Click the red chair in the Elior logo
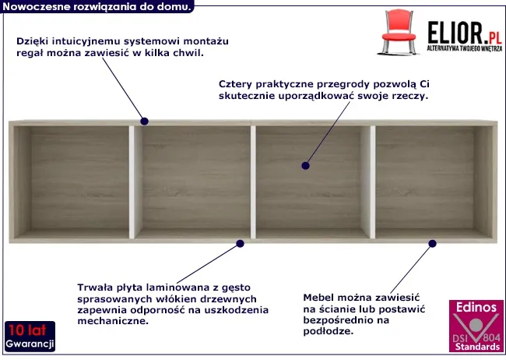[x=399, y=32]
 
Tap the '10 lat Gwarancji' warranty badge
[x=30, y=337]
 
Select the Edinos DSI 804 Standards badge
[x=476, y=326]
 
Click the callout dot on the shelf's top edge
[x=144, y=122]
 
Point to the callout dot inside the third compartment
[x=305, y=166]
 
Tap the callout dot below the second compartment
[x=240, y=244]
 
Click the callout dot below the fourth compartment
[x=432, y=244]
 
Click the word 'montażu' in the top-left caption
[x=206, y=41]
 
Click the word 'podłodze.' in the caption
[x=329, y=332]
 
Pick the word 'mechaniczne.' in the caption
[x=113, y=321]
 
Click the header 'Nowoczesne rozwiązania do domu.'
[x=97, y=6]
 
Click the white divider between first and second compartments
[x=132, y=182]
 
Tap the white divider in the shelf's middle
[x=253, y=182]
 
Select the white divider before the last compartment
[x=373, y=182]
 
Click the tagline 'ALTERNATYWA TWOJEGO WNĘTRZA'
[x=465, y=48]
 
